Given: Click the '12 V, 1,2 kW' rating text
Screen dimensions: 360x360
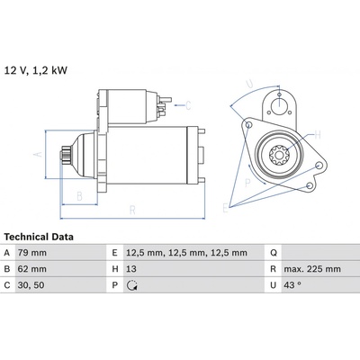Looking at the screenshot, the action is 36,70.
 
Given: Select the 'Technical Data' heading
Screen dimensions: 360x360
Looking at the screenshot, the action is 39,237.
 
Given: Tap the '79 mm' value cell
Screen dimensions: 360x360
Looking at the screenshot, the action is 32,253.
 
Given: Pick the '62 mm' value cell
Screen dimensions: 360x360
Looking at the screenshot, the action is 32,269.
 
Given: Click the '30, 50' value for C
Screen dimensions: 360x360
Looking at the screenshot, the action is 31,285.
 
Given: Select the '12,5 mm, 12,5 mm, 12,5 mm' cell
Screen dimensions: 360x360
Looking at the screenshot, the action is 186,253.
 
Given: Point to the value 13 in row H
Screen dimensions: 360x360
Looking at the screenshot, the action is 131,269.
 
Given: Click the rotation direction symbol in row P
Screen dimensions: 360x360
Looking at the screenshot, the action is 132,285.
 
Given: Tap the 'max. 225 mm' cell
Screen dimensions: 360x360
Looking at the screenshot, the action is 312,269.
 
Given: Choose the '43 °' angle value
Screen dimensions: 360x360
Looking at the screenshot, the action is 292,285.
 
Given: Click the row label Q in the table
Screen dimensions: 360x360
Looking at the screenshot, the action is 274,253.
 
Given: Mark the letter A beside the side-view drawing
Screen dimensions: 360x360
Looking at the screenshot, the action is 38,154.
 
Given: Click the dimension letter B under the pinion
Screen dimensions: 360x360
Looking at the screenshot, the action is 79,196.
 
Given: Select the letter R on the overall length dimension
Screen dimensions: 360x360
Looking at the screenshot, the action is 132,211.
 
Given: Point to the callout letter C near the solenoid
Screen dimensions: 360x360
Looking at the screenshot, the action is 188,105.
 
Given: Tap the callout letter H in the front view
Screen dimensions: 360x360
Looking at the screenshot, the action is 318,135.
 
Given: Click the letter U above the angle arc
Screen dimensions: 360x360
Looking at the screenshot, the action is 249,85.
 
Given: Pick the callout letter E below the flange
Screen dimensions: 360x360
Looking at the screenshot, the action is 225,208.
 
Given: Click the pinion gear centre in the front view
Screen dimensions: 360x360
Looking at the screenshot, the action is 279,155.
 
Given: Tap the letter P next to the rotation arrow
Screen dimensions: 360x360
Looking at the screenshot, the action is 247,183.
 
